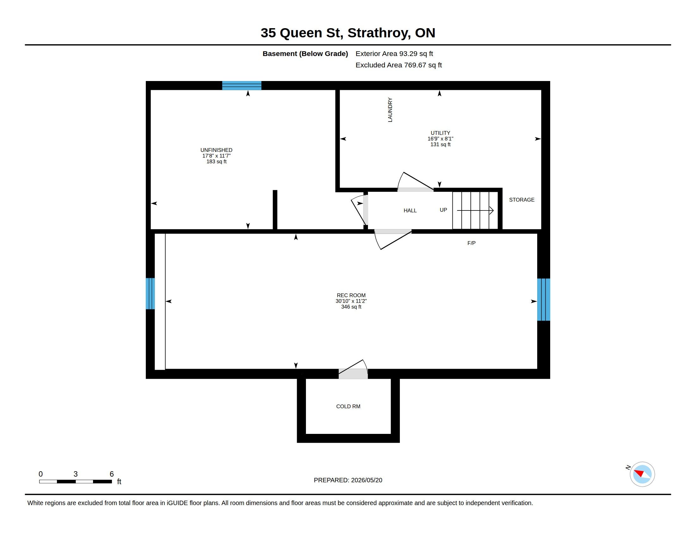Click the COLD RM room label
(x=348, y=406)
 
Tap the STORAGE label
(x=522, y=200)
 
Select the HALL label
(x=410, y=211)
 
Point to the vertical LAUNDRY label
(x=390, y=109)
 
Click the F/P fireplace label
(x=471, y=243)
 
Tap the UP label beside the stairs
(x=443, y=210)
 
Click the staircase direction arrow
(x=475, y=210)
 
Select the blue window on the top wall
(x=242, y=86)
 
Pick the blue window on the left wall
(x=150, y=294)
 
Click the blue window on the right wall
(x=544, y=300)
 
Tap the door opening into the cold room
(x=353, y=370)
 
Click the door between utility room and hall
(x=415, y=183)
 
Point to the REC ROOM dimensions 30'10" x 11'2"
(x=351, y=301)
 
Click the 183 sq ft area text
(x=216, y=162)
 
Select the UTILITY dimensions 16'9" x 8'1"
(x=440, y=139)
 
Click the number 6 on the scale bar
(x=112, y=474)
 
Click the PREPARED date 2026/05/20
(x=366, y=480)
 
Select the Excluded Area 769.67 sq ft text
(x=399, y=65)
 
